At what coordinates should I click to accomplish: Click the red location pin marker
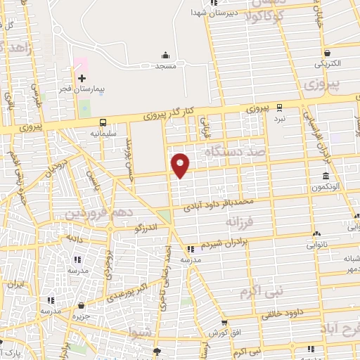[x=181, y=165]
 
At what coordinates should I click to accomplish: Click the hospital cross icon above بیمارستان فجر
[x=81, y=78]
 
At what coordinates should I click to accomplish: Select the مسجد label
[x=165, y=65]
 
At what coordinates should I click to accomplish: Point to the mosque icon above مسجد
[x=165, y=55]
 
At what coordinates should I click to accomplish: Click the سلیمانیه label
[x=103, y=131]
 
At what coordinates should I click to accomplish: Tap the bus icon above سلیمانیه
[x=103, y=121]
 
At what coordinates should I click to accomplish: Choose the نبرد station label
[x=280, y=119]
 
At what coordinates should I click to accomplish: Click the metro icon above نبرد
[x=280, y=108]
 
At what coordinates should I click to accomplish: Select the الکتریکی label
[x=327, y=63]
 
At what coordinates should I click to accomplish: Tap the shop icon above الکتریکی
[x=328, y=53]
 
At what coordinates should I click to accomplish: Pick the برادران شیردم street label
[x=224, y=245]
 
